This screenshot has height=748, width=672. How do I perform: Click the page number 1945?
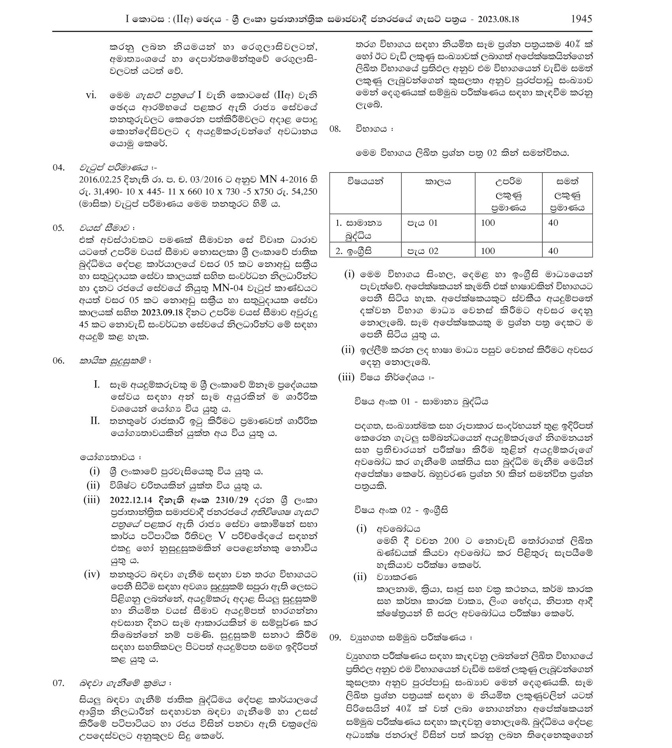click(581, 19)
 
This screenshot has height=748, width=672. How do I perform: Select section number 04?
click(59, 167)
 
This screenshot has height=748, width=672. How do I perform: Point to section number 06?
click(59, 361)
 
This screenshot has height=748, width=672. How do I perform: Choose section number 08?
click(335, 129)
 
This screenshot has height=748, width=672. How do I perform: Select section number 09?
click(335, 637)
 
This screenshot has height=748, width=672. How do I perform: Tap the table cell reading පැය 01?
click(423, 223)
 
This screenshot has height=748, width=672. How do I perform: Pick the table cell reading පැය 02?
click(423, 251)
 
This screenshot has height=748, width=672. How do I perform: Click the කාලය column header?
click(438, 182)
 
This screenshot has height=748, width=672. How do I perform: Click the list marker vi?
click(91, 96)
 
